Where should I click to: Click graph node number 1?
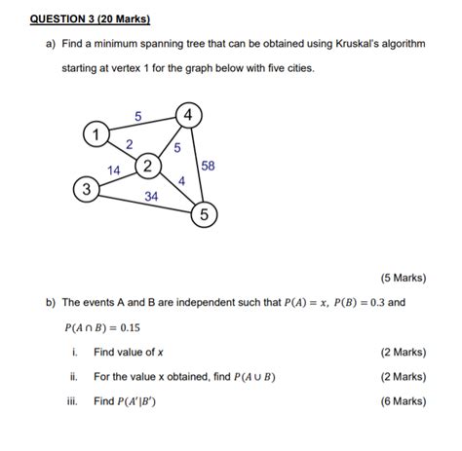pyautogui.click(x=95, y=132)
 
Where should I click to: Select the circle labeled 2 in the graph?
pyautogui.click(x=147, y=166)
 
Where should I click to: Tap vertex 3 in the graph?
pyautogui.click(x=87, y=188)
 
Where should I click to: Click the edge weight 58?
pyautogui.click(x=208, y=167)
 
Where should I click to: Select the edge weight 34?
pyautogui.click(x=152, y=196)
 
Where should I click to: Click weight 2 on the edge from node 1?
pyautogui.click(x=130, y=145)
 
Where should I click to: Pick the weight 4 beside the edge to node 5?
pyautogui.click(x=181, y=180)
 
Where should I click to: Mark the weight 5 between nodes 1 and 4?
pyautogui.click(x=137, y=116)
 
